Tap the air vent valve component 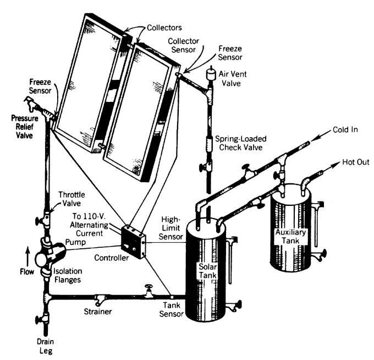(x=211, y=73)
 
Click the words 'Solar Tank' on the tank (x=208, y=270)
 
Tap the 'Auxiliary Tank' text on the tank (x=290, y=236)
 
